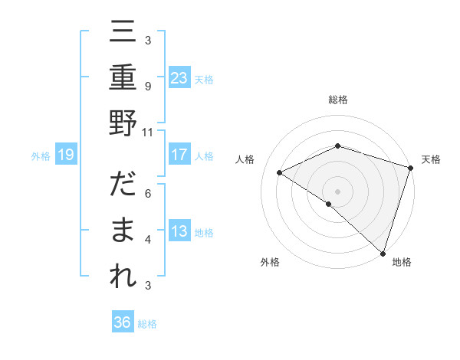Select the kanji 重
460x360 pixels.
123,79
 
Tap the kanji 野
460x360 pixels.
123,123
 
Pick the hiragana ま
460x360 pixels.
123,231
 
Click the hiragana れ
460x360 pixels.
123,276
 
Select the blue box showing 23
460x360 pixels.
179,77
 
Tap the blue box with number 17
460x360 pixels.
179,155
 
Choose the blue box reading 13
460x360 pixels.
179,231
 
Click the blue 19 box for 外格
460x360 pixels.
65,155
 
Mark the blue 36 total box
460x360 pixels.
123,322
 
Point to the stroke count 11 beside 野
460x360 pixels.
147,131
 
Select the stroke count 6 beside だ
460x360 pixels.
147,194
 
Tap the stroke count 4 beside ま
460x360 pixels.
147,240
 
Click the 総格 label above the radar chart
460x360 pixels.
337,100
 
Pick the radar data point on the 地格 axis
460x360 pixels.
383,251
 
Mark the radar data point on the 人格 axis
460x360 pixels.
280,172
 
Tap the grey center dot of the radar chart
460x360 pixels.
337,191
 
